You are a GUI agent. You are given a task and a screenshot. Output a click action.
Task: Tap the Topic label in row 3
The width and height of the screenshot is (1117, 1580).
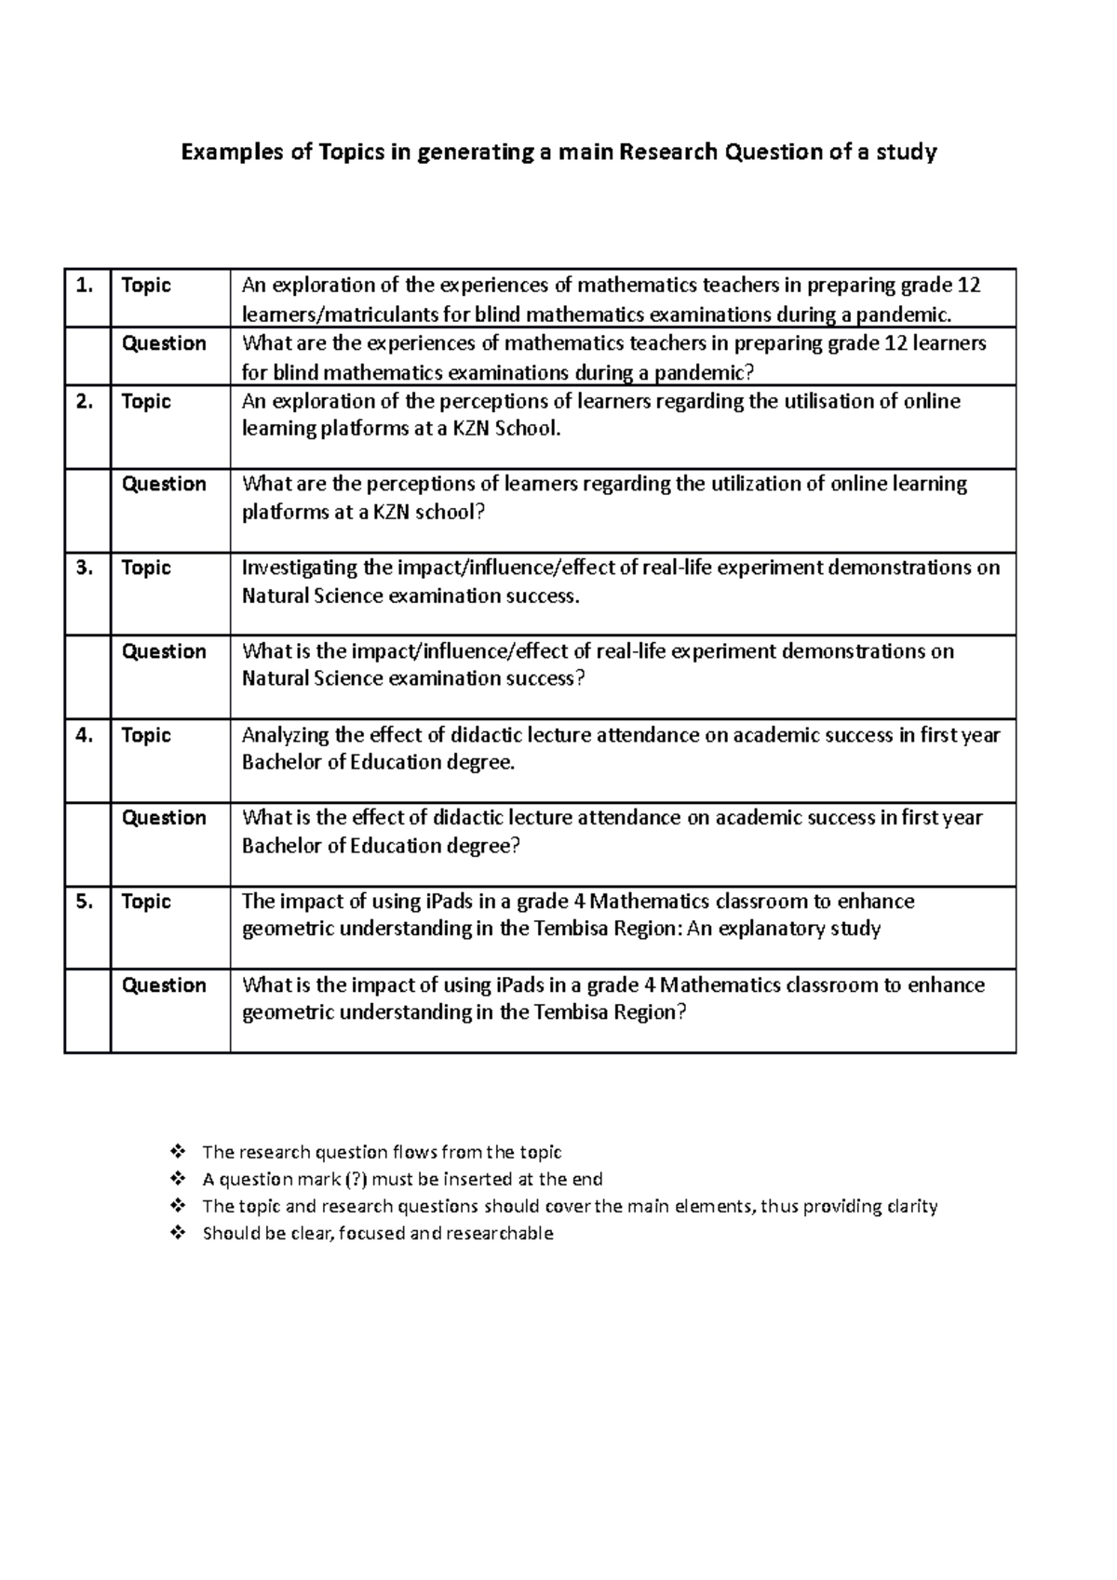click(x=146, y=568)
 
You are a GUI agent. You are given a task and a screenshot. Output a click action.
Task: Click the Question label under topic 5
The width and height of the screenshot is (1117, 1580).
click(x=164, y=985)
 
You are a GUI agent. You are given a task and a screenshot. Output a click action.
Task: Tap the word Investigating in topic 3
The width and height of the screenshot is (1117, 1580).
click(x=299, y=568)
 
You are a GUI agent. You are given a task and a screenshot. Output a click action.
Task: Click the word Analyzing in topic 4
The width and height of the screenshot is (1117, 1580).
click(x=285, y=735)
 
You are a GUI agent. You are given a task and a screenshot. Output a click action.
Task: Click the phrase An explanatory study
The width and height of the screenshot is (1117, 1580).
click(x=783, y=929)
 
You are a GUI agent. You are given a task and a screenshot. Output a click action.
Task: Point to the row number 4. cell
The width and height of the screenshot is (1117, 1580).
click(x=86, y=735)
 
